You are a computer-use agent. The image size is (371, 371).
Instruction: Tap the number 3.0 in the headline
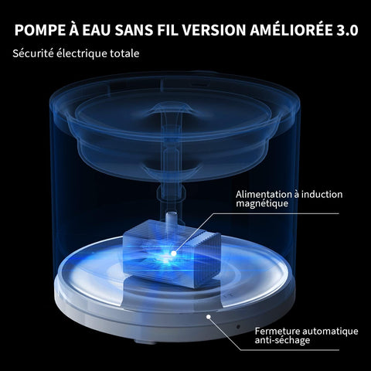point(347,30)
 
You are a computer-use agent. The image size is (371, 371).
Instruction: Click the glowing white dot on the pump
point(174,254)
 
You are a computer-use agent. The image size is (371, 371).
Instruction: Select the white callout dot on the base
point(209,317)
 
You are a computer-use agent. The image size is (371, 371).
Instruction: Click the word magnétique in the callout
point(262,203)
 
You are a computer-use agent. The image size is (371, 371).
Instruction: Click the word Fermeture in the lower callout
point(277,331)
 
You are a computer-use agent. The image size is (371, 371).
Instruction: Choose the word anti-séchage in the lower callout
point(282,340)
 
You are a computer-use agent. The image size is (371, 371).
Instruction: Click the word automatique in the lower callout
point(331,332)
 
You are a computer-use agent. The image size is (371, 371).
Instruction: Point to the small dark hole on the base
point(238,327)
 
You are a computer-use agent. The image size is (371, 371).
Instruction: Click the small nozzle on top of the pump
point(172,220)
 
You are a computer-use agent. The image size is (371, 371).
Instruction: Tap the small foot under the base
point(145,342)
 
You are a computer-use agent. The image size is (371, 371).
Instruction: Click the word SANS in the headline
point(134,30)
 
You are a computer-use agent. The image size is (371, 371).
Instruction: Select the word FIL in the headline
point(168,30)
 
